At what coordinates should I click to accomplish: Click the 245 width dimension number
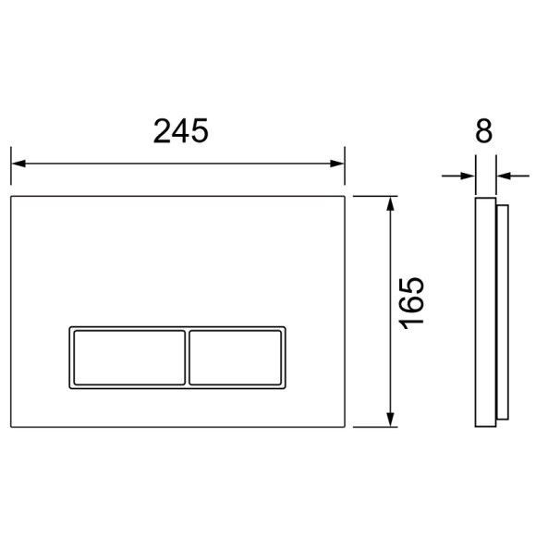point(180,130)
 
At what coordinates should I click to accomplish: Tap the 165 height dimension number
point(412,303)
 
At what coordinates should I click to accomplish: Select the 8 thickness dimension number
point(483,130)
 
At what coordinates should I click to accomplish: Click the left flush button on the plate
point(129,358)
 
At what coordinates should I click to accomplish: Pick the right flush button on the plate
point(236,358)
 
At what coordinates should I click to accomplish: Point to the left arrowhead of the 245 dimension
point(18,164)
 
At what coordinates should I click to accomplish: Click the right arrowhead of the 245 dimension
point(336,164)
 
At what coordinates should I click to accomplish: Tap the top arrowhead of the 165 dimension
point(391,203)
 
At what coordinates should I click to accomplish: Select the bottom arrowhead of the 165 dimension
point(391,420)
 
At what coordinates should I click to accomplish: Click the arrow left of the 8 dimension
point(458,176)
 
